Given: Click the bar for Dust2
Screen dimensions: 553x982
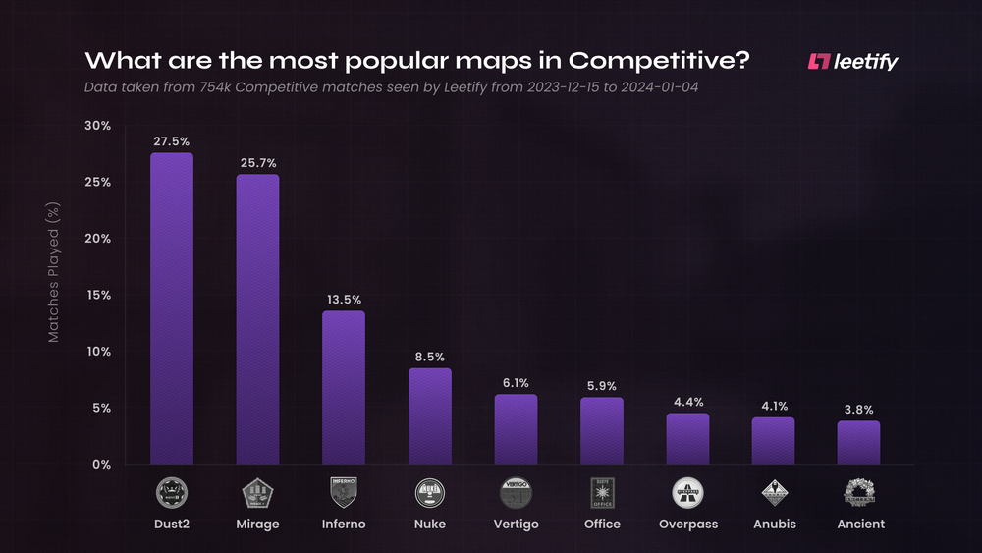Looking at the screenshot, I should [172, 308].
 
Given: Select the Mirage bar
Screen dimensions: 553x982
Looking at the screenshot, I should [257, 319].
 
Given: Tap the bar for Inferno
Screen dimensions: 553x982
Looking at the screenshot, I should [344, 387].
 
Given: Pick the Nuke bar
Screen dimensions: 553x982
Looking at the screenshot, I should [429, 415].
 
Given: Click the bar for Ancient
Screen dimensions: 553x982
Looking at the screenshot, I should [858, 442].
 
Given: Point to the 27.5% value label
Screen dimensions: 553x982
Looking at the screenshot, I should [172, 141].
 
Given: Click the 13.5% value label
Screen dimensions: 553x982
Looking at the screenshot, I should [344, 300].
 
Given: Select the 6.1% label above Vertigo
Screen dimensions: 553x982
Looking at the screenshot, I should [516, 383].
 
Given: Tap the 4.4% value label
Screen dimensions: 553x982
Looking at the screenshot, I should [687, 402].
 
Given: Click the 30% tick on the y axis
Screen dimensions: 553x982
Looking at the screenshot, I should [97, 126].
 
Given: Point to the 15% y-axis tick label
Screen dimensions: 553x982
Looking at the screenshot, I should [97, 295].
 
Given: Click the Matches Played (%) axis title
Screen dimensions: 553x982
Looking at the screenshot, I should [54, 272].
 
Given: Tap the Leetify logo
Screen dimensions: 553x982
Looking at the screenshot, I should [852, 62].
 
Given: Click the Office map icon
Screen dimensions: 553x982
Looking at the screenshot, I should [601, 492].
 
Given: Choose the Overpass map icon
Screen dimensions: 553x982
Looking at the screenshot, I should [687, 492].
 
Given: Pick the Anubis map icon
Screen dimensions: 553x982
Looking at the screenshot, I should [773, 492].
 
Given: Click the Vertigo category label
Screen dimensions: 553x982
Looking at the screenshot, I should [516, 525].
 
